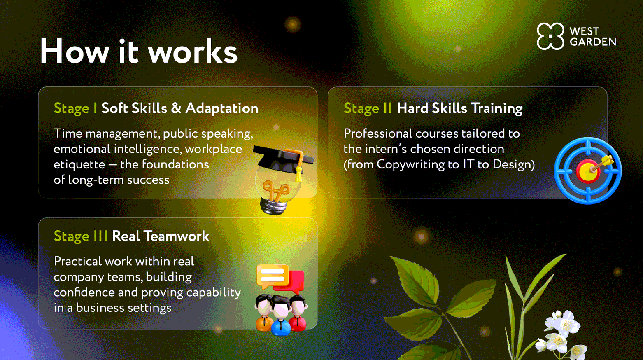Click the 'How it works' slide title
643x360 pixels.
pos(139,51)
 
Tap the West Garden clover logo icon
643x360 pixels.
pos(550,36)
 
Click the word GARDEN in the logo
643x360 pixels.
pos(593,42)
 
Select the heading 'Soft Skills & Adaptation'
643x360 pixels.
pos(180,108)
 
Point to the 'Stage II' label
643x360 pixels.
pos(368,109)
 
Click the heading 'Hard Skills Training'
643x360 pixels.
pos(459,109)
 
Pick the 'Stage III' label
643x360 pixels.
pos(81,236)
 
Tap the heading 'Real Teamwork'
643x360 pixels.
pos(161,236)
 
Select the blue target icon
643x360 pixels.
pos(588,171)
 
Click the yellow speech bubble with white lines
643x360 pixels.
pos(272,276)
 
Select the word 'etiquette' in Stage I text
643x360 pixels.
pos(79,165)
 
